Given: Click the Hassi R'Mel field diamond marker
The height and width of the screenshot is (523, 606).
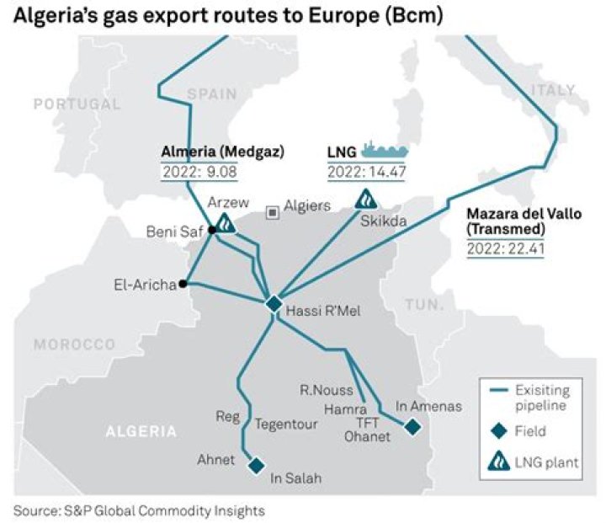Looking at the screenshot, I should (273, 304).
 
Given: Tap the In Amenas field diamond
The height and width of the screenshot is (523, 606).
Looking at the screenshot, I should (412, 427).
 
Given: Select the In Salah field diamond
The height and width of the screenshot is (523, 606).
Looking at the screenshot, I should (256, 465).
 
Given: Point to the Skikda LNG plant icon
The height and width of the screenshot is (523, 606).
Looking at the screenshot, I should (367, 199).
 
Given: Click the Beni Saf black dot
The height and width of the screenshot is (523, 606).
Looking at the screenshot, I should (212, 230).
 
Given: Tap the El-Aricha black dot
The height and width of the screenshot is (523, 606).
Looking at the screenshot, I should (183, 285).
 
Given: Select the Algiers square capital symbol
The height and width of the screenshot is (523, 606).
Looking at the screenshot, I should (272, 212).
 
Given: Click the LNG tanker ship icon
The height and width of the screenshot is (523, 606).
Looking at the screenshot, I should (384, 151).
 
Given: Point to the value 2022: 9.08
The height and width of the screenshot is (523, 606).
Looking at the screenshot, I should (200, 172).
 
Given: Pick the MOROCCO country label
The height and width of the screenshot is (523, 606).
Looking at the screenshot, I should (74, 344).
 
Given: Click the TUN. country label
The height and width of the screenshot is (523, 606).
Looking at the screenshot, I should (423, 304).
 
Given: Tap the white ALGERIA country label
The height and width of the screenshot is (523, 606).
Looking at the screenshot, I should (141, 431).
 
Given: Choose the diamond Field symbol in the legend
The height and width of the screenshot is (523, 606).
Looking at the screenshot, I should (499, 431).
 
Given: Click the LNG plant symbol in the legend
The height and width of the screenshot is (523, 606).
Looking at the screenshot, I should (499, 461).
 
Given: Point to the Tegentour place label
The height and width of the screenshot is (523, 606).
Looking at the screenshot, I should (286, 424).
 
